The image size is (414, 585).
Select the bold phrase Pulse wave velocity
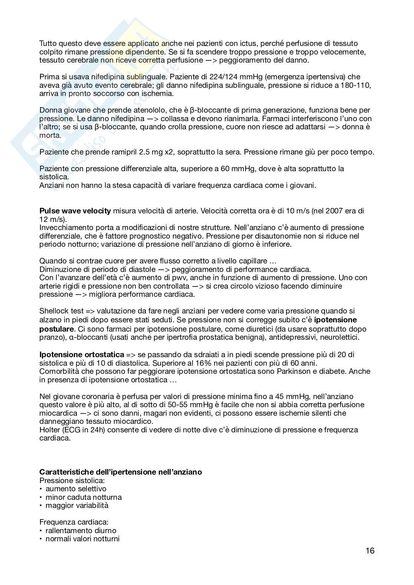tap(75, 211)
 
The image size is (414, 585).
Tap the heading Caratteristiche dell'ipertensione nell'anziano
tap(121, 472)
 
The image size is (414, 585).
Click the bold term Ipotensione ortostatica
tap(82, 355)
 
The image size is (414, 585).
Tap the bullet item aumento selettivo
tap(76, 489)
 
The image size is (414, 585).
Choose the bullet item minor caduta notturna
tap(83, 497)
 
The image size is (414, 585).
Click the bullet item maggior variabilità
tap(77, 505)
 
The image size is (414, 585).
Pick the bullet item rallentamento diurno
tap(81, 531)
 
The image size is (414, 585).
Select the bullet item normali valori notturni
tap(82, 539)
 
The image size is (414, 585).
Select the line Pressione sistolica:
tap(72, 481)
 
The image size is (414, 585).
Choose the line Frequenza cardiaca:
tap(74, 522)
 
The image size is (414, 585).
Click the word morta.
tap(49, 135)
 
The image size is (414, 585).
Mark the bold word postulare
tap(56, 329)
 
